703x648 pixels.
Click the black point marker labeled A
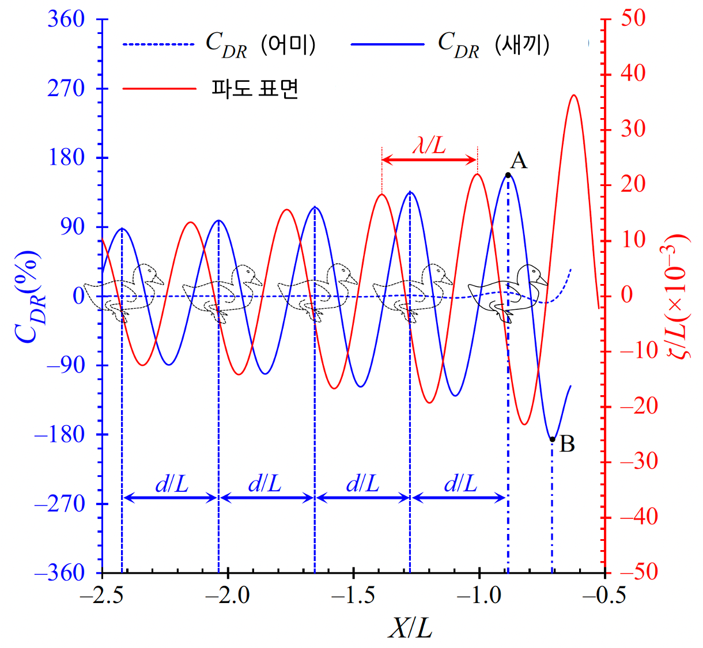pos(508,175)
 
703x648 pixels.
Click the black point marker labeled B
pos(552,439)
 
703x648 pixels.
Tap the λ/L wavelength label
pos(429,145)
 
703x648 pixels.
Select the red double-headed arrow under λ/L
pos(429,160)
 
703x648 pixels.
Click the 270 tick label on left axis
pos(66,89)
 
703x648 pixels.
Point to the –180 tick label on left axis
pos(59,434)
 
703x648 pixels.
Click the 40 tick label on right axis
pos(633,74)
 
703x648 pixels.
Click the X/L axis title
pos(410,628)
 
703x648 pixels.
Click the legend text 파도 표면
pos(255,89)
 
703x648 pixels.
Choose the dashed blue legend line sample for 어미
pos(159,44)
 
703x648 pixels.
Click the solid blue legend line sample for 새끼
pos(387,44)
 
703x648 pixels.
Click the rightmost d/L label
pos(460,484)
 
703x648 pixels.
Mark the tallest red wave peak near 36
pos(573,95)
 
